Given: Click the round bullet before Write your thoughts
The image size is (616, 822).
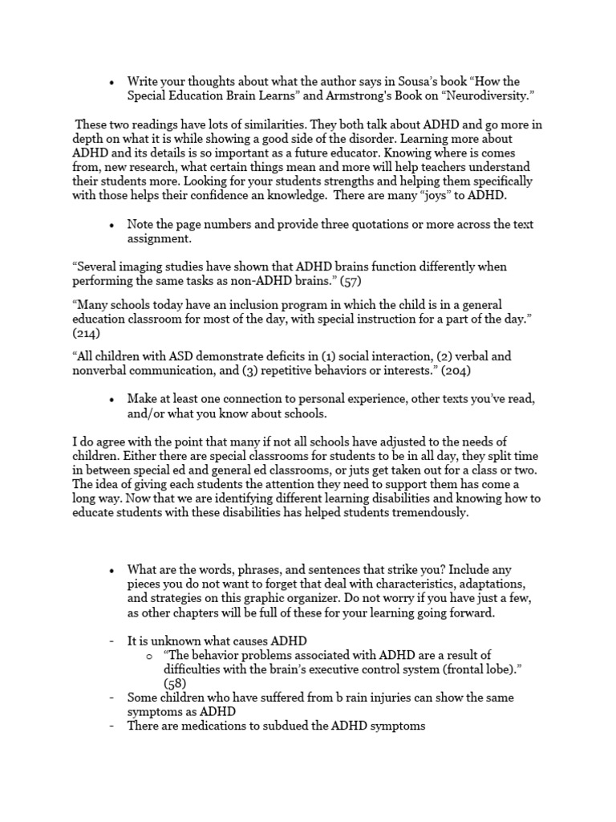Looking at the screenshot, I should point(111,83).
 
